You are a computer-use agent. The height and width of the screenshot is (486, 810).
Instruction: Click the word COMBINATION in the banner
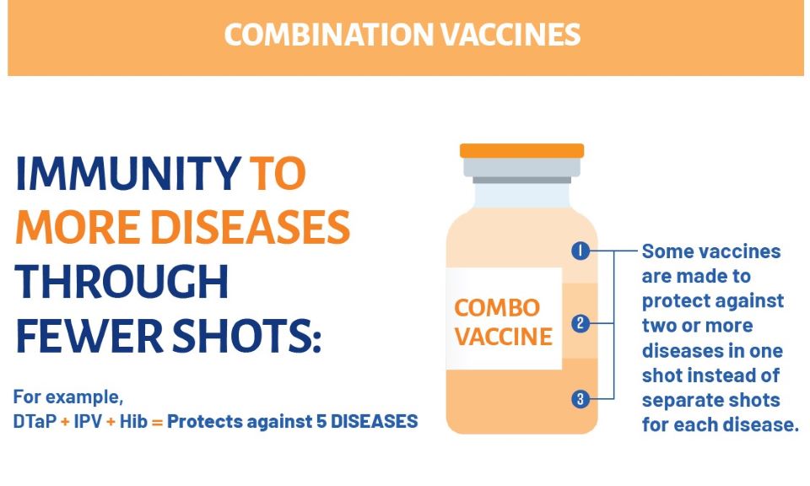(329, 35)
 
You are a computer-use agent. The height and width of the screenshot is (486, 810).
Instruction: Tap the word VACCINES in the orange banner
(510, 35)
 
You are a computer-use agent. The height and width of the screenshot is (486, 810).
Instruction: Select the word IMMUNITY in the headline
(127, 174)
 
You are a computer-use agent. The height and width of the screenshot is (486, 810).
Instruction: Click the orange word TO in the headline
(278, 174)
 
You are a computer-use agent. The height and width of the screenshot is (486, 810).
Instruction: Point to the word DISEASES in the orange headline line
(250, 227)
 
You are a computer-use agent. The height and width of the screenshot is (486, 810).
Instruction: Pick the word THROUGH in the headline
(121, 282)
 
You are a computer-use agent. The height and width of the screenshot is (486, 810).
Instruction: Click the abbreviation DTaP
(35, 421)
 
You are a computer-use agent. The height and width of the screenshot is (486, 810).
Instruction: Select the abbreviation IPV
(89, 421)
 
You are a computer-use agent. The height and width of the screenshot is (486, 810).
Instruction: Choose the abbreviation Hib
(133, 421)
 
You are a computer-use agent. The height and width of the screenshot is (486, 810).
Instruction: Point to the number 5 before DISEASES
(321, 421)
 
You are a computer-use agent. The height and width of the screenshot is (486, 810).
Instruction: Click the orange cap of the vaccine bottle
(521, 150)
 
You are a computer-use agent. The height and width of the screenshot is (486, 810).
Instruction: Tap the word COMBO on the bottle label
(497, 308)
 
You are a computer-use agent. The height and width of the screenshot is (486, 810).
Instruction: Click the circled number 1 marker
(580, 251)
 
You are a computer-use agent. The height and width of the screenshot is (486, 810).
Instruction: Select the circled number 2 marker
(580, 324)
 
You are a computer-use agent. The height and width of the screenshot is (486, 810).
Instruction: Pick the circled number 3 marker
(580, 399)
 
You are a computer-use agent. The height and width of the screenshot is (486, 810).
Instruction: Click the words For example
(68, 397)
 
